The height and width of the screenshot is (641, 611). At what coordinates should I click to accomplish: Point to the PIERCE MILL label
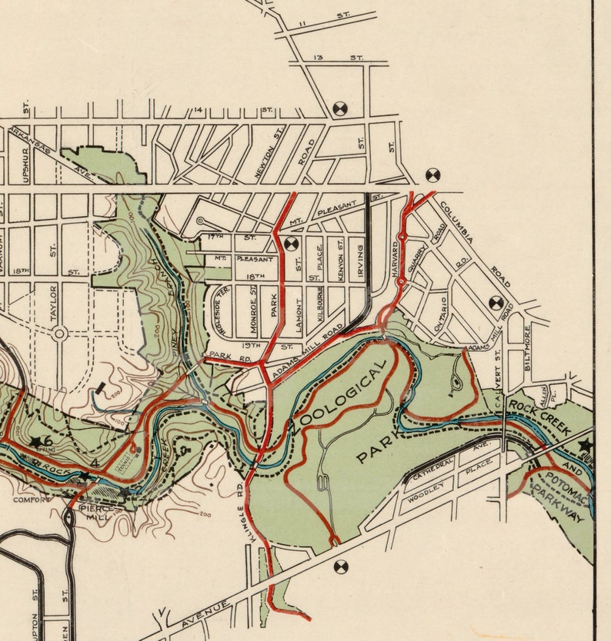click(x=98, y=513)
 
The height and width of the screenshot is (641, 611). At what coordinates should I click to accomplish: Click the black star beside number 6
click(x=35, y=442)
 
